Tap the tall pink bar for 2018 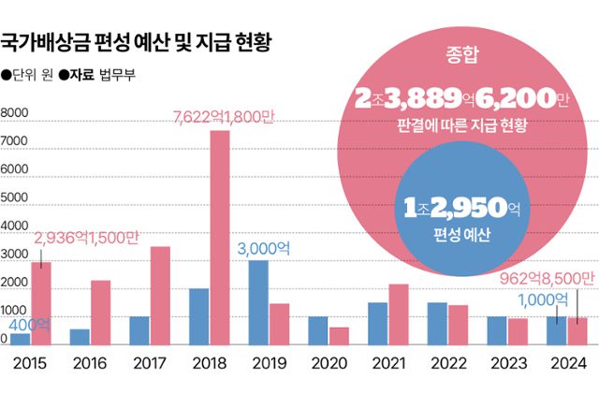[x=219, y=238]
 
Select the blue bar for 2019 [x=258, y=302]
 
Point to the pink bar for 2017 [x=160, y=296]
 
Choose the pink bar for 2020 [x=339, y=336]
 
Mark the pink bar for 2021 [x=399, y=314]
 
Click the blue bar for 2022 [x=437, y=324]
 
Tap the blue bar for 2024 [x=556, y=330]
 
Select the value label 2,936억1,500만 [x=85, y=240]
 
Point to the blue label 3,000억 [x=280, y=248]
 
